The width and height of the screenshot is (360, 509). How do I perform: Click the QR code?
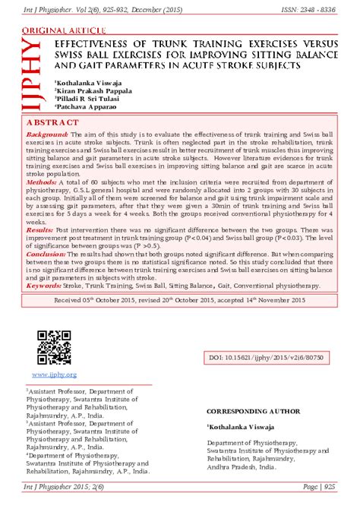[x=54, y=347]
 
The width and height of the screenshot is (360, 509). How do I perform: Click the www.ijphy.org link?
[x=54, y=375]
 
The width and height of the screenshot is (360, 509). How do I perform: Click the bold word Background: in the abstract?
[x=47, y=134]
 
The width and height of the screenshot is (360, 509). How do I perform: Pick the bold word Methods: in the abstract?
[x=42, y=183]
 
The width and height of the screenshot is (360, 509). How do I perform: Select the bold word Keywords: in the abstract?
[x=44, y=286]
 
